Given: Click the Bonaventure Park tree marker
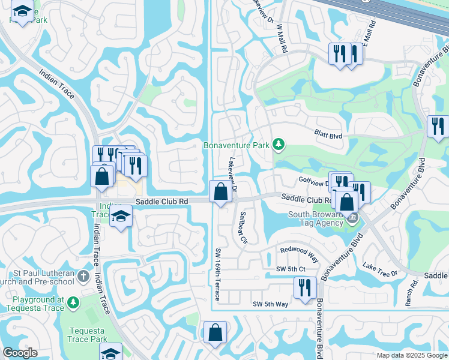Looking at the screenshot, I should coord(278,145).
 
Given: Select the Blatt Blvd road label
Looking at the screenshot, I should coord(328,136).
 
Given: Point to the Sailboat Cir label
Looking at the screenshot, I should coord(243,226).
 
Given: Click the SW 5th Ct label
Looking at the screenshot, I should coord(291,269).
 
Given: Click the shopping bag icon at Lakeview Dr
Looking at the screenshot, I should coord(220,192).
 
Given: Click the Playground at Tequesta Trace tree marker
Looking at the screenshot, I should coord(73,303).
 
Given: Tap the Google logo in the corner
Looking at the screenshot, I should coord(20,353).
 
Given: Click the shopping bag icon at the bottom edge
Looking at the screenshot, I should coord(215,332).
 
